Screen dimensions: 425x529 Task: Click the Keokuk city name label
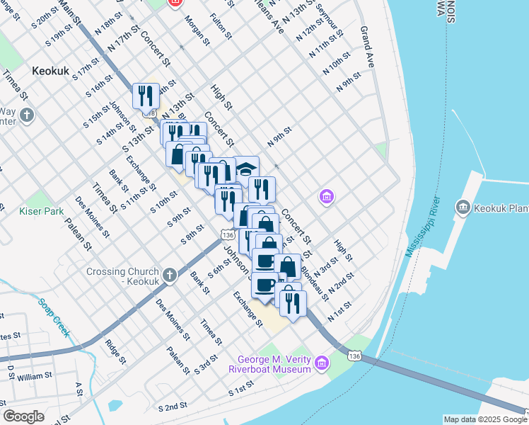pos(50,71)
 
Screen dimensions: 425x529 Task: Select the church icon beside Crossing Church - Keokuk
pos(169,276)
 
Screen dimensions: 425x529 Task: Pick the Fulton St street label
pos(219,23)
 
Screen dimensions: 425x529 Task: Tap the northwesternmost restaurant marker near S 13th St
pos(146,95)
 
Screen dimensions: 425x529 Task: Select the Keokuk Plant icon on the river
pos(463,207)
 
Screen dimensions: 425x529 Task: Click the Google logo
pos(23,416)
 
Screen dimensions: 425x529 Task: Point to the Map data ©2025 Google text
pos(484,419)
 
